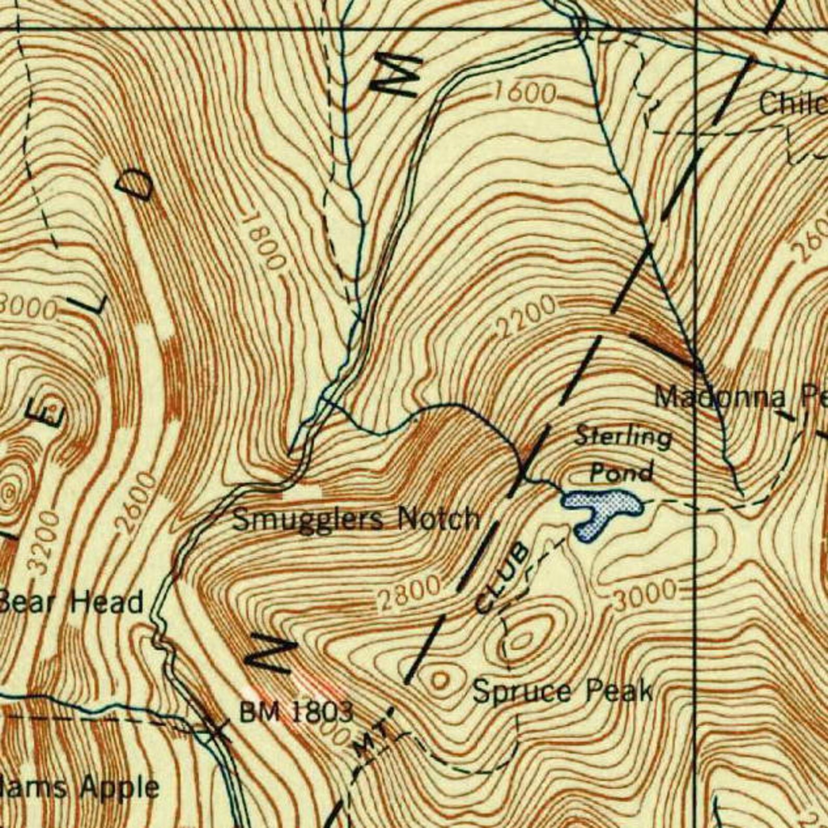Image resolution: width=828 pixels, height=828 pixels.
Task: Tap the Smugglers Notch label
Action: coord(356,519)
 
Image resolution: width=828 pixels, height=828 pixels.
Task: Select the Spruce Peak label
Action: coord(562,692)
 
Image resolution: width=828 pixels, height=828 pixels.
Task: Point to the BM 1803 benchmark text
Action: coord(296,712)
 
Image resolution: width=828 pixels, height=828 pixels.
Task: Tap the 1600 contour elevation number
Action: coord(524,93)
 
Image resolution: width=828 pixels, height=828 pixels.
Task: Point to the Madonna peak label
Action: coord(720,398)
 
